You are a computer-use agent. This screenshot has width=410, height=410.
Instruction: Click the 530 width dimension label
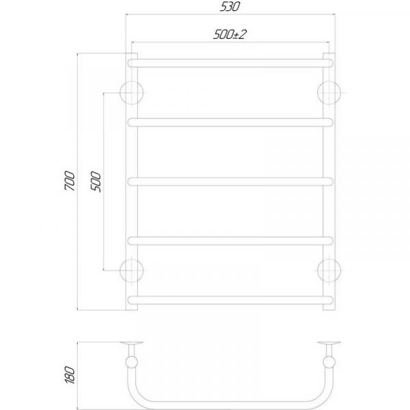pyautogui.click(x=230, y=7)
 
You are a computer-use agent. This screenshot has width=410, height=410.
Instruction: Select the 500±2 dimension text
pyautogui.click(x=230, y=35)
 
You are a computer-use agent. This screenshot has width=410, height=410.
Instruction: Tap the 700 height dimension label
pyautogui.click(x=70, y=180)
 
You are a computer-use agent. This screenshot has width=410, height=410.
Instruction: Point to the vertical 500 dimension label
pyautogui.click(x=96, y=182)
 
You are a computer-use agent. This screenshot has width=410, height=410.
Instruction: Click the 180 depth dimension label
pyautogui.click(x=70, y=374)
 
